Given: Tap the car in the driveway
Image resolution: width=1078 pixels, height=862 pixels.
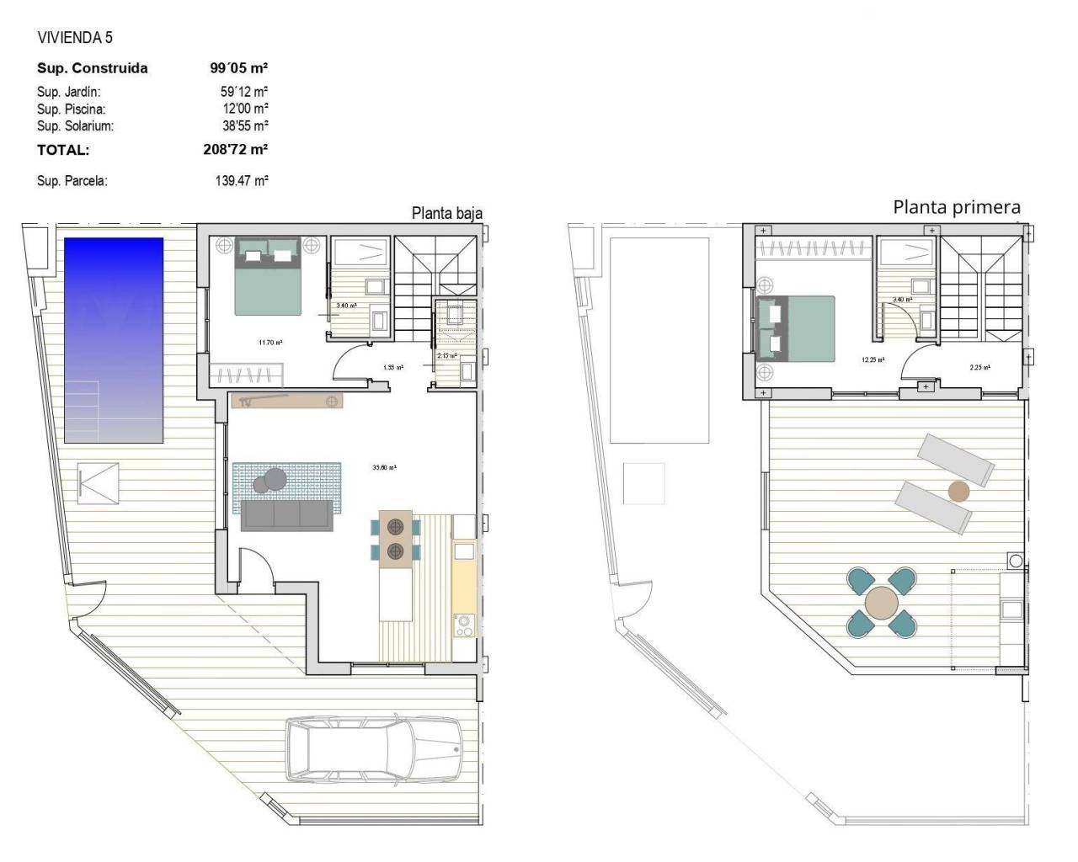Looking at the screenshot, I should pos(374,748).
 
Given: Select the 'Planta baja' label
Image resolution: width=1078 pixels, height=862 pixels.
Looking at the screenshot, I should pos(446,214).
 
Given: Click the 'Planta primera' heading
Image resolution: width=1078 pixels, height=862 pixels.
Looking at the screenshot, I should pos(957,207).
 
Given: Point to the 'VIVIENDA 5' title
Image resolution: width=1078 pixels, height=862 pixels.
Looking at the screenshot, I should pos(75,38).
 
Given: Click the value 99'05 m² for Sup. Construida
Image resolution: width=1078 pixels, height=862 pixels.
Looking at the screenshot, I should pos(239,68).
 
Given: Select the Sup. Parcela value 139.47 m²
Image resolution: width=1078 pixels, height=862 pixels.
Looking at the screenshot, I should pos(242,180).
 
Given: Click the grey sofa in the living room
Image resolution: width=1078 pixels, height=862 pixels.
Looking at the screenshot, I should pos(286,514).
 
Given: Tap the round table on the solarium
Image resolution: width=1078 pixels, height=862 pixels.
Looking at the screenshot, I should pos(882,603).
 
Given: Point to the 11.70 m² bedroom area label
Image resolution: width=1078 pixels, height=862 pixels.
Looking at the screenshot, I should pos(270,343).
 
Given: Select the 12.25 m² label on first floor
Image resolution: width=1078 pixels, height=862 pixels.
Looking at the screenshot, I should pos(873,359).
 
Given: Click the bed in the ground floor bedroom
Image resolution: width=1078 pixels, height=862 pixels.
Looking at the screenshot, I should pos(267,277).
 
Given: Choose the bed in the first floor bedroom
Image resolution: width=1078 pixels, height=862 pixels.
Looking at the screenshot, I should pos(796,328).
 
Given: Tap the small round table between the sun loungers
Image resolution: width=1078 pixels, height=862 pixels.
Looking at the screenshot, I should pos(958,491).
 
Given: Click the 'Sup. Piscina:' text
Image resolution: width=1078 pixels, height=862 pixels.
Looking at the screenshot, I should pos(72,109).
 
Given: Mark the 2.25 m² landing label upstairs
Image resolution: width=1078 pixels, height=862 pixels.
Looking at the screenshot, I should pos(979,367).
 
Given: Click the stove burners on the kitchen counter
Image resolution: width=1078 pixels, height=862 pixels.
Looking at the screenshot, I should pos(464,625).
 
